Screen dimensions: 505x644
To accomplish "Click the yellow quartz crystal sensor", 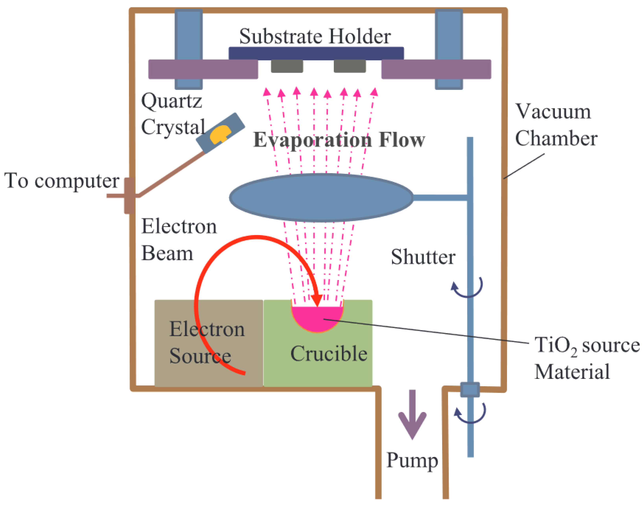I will (x=220, y=134).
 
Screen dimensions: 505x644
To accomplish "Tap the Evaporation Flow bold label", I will (x=339, y=140).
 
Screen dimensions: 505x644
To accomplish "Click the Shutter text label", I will (x=423, y=257).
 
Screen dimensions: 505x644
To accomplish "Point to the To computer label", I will (x=62, y=180).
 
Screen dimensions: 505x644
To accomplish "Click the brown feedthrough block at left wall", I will (x=129, y=195).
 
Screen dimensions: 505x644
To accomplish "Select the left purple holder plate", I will (x=203, y=69).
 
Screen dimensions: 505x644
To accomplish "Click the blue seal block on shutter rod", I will (x=470, y=389).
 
